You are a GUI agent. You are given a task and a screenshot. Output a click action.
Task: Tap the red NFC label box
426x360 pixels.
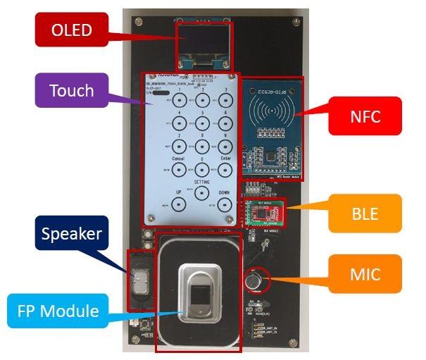[365, 116]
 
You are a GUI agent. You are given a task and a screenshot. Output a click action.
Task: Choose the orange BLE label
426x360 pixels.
[365, 212]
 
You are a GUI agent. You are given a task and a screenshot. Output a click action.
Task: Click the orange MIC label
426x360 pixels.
[365, 274]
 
